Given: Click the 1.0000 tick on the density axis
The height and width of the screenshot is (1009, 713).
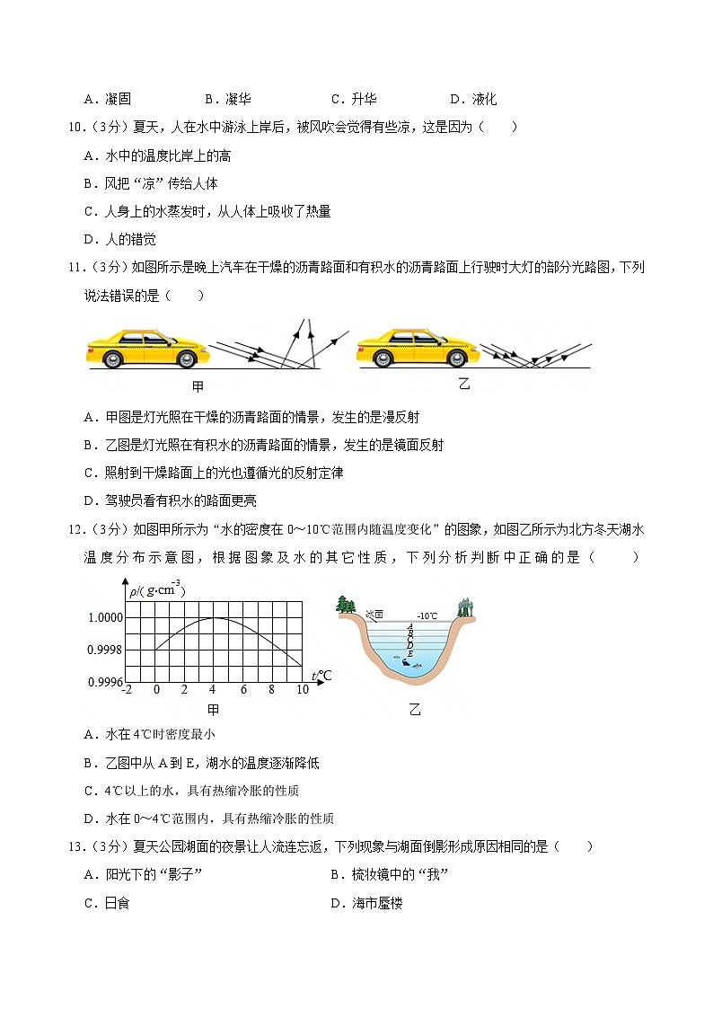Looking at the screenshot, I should pyautogui.click(x=105, y=617).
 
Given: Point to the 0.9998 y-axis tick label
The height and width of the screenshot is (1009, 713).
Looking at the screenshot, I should pyautogui.click(x=105, y=650).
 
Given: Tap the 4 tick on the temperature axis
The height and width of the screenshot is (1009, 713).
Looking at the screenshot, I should pyautogui.click(x=213, y=689).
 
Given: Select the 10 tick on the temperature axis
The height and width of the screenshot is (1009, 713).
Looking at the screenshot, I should pyautogui.click(x=302, y=689).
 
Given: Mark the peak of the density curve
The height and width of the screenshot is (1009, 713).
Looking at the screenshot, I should pyautogui.click(x=213, y=617).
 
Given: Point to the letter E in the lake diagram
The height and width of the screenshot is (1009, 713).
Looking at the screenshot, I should pyautogui.click(x=410, y=653).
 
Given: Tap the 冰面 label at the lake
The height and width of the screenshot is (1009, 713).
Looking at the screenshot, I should pyautogui.click(x=375, y=615).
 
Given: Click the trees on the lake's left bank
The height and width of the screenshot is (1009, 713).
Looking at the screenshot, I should pyautogui.click(x=346, y=604).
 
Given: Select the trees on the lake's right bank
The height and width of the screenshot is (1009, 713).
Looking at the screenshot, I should pyautogui.click(x=465, y=607).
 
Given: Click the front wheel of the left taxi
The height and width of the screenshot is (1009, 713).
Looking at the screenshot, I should pyautogui.click(x=186, y=358).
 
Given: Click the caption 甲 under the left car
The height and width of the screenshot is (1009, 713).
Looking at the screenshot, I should pyautogui.click(x=198, y=387).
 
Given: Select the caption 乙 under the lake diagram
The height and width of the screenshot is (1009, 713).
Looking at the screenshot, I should pyautogui.click(x=415, y=710).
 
